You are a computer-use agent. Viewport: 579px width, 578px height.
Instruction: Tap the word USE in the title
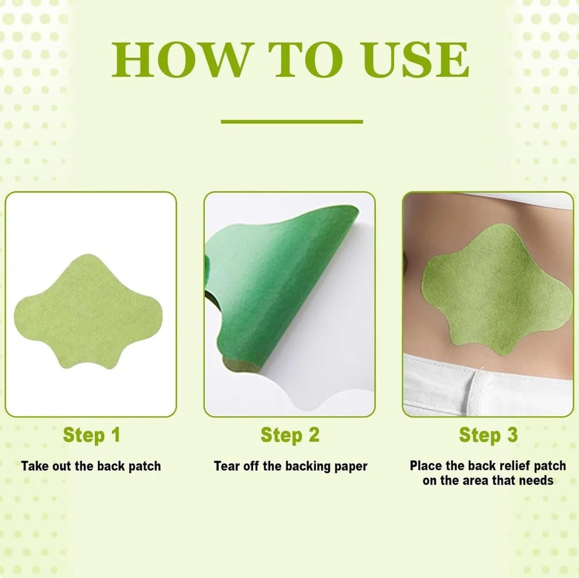[x=417, y=60]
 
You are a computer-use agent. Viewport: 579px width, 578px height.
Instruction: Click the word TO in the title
[x=307, y=60]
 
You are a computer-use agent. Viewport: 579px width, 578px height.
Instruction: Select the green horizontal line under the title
[x=292, y=121]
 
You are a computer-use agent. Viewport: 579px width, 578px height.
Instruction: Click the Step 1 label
[x=92, y=435]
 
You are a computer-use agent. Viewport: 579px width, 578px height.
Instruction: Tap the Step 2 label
[x=290, y=435]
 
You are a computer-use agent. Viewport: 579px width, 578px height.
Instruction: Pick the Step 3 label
[x=488, y=435]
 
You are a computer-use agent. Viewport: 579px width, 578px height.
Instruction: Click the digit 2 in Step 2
[x=314, y=435]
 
